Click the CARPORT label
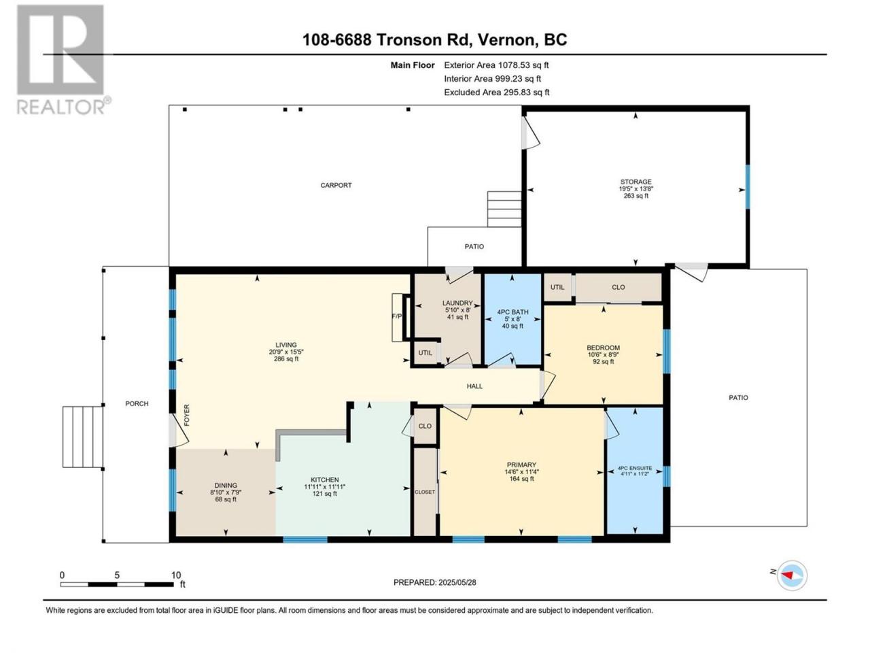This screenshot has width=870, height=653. [x=336, y=185]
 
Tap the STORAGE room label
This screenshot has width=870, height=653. [x=636, y=182]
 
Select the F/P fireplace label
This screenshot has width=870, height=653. [x=396, y=316]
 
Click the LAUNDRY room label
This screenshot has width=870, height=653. [x=457, y=303]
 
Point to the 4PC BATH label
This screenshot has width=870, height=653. [x=512, y=312]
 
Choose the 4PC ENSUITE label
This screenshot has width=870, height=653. [x=635, y=468]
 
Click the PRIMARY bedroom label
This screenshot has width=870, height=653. [x=521, y=465]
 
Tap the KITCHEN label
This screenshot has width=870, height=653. [x=325, y=480]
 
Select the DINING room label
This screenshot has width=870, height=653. [x=226, y=485]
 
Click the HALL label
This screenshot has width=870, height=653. [x=474, y=386]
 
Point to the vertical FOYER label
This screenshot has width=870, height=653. [x=187, y=415]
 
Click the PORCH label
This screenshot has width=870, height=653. [x=137, y=403]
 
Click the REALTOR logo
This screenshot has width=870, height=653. [x=63, y=60]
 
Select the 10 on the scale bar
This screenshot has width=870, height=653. [x=176, y=575]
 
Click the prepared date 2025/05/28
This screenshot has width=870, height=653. [x=457, y=582]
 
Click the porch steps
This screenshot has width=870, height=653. [x=83, y=437]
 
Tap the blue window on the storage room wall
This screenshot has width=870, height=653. [x=748, y=187]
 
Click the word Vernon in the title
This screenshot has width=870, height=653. [x=502, y=39]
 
